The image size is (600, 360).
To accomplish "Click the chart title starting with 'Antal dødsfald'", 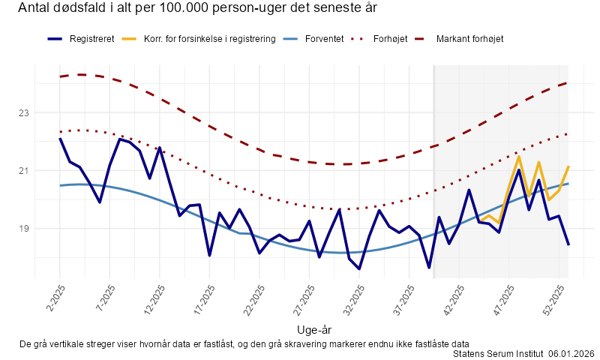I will [197, 9].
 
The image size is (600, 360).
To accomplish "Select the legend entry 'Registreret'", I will [91, 38].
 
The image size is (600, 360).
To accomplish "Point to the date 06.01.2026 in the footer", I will [571, 353].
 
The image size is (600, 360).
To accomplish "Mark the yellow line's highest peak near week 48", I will [519, 157].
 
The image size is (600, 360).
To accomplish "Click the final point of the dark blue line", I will [568, 244].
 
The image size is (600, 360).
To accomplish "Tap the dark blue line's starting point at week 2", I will [61, 139].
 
